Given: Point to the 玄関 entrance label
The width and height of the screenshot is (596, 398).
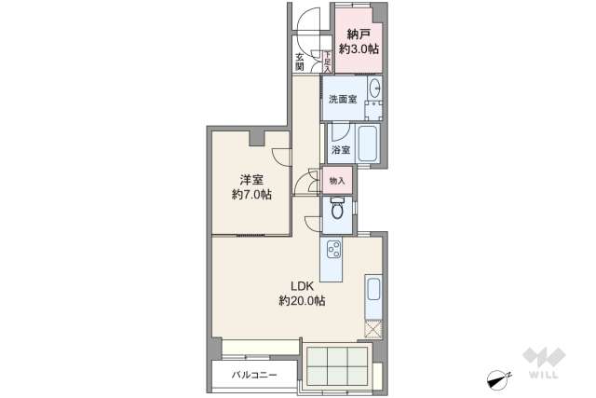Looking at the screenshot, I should click(300, 62).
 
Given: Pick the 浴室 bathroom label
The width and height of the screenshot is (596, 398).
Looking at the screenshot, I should click(340, 149).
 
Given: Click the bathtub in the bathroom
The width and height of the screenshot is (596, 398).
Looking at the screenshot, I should click(367, 145).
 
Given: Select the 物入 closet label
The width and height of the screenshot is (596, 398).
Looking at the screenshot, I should click(337, 180).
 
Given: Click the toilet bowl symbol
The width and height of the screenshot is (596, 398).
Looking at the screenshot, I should click(337, 213).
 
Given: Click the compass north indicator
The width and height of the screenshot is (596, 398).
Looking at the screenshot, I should click(498, 377).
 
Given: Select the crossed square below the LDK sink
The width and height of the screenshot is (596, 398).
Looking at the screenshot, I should click(374, 329).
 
